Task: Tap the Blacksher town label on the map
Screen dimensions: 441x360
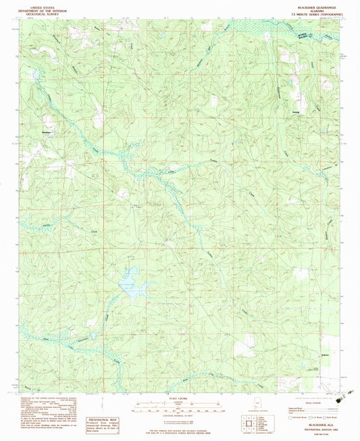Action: (x=47, y=131)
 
